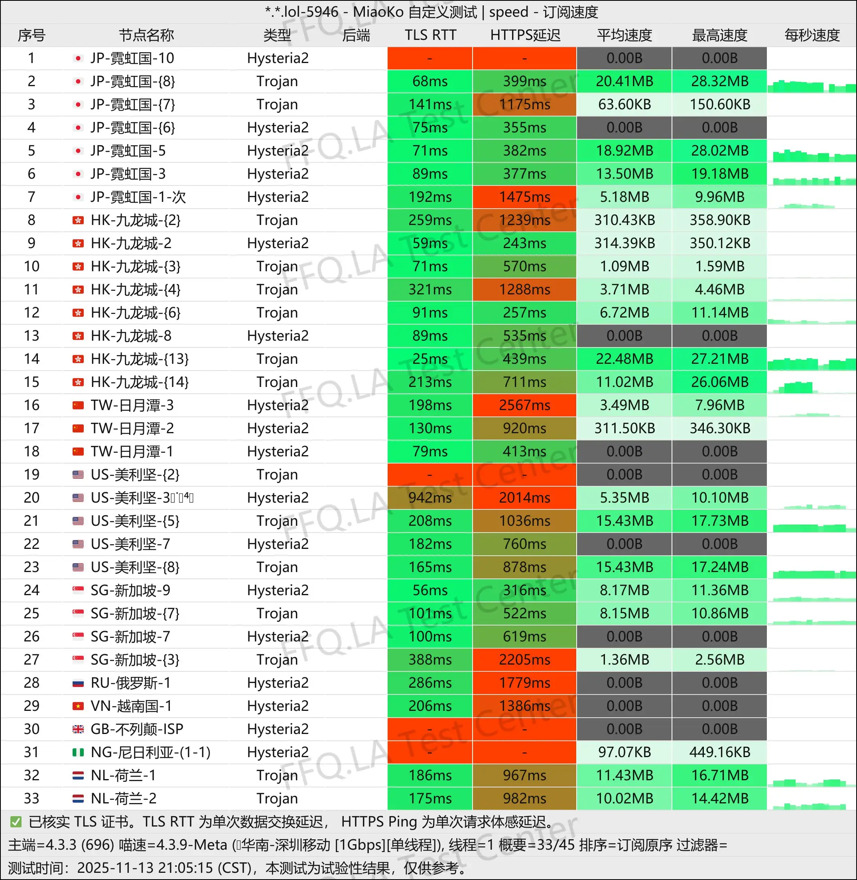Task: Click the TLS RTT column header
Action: click(430, 35)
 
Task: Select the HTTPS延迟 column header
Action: click(525, 35)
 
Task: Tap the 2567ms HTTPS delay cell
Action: click(524, 405)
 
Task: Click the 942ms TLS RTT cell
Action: click(430, 497)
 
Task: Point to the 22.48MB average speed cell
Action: click(624, 359)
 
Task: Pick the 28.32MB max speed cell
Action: click(719, 81)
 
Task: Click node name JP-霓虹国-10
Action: click(132, 58)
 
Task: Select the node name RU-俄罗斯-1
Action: click(130, 683)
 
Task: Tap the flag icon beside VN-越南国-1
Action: click(78, 706)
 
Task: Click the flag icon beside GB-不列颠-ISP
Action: click(78, 729)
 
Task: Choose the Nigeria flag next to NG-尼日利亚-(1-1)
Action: click(78, 752)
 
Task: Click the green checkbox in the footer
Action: click(16, 822)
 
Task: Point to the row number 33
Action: click(31, 799)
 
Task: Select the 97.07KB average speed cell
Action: click(624, 752)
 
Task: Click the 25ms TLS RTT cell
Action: click(430, 359)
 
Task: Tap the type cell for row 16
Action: click(278, 405)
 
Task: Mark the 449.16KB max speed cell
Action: click(719, 752)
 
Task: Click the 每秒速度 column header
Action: click(812, 35)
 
